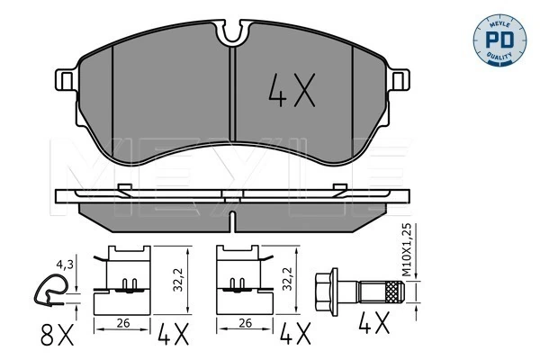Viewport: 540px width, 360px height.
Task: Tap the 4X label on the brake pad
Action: [x=292, y=90]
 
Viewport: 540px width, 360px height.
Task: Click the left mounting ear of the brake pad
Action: [x=66, y=80]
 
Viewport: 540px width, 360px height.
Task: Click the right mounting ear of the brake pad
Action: [x=400, y=80]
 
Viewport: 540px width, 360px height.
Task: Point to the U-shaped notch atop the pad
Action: [x=233, y=31]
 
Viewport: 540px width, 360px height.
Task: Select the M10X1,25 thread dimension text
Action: [x=407, y=250]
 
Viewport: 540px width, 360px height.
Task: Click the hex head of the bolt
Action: [x=327, y=292]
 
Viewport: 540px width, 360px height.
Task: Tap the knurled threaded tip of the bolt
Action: [x=394, y=292]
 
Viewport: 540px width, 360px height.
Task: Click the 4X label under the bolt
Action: [x=374, y=323]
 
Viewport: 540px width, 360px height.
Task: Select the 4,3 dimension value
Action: [x=65, y=265]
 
